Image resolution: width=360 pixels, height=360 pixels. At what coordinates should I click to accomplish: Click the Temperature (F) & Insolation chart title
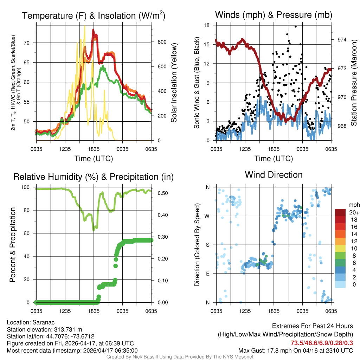click(94, 16)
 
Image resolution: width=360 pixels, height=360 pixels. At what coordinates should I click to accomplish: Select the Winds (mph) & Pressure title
click(274, 15)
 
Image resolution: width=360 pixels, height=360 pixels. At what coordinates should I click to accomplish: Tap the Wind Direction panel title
click(274, 175)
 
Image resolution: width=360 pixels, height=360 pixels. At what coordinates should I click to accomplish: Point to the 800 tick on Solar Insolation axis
click(162, 42)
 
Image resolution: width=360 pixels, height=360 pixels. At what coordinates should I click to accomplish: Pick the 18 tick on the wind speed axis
click(207, 25)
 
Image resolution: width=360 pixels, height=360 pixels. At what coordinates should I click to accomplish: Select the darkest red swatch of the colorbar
click(341, 212)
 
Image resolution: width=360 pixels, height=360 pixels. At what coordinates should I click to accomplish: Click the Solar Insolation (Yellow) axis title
click(174, 83)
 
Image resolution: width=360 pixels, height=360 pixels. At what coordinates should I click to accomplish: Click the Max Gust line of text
click(295, 350)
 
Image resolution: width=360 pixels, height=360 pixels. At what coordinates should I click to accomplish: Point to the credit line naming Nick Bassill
click(180, 357)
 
